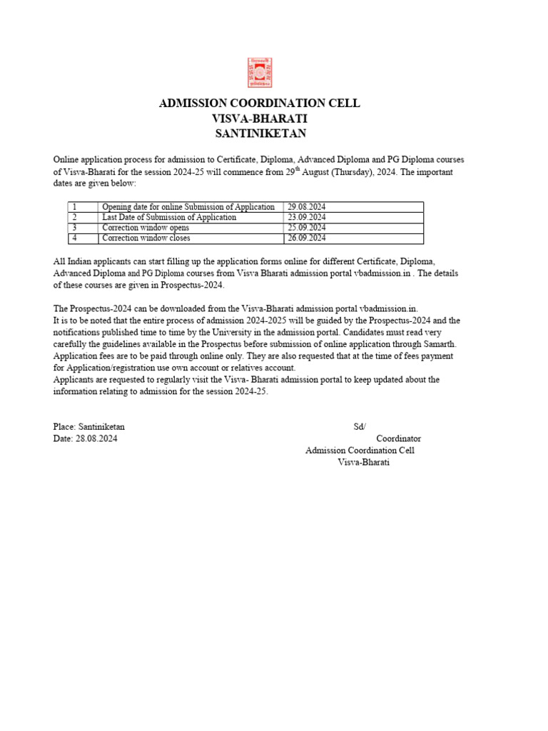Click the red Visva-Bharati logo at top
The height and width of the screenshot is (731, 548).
[259, 73]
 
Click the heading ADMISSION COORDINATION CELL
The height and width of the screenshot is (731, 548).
[259, 104]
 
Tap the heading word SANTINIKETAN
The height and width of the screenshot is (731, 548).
[260, 133]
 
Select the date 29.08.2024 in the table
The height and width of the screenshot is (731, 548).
[306, 207]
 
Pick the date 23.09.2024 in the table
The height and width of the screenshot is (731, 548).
[306, 217]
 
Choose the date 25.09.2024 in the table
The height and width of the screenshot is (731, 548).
[306, 228]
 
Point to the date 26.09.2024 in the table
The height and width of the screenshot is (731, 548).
[306, 238]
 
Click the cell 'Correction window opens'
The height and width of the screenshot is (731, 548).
[146, 228]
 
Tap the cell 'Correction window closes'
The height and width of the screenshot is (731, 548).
[146, 238]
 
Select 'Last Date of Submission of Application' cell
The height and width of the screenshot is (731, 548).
[169, 217]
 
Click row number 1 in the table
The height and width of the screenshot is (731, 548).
[74, 207]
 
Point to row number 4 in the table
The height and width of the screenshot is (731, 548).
[74, 238]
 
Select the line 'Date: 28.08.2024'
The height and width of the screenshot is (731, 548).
[85, 439]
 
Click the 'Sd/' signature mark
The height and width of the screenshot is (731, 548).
[360, 427]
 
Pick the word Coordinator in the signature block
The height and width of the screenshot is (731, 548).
[398, 438]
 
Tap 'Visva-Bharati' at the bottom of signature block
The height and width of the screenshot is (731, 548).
[364, 463]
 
